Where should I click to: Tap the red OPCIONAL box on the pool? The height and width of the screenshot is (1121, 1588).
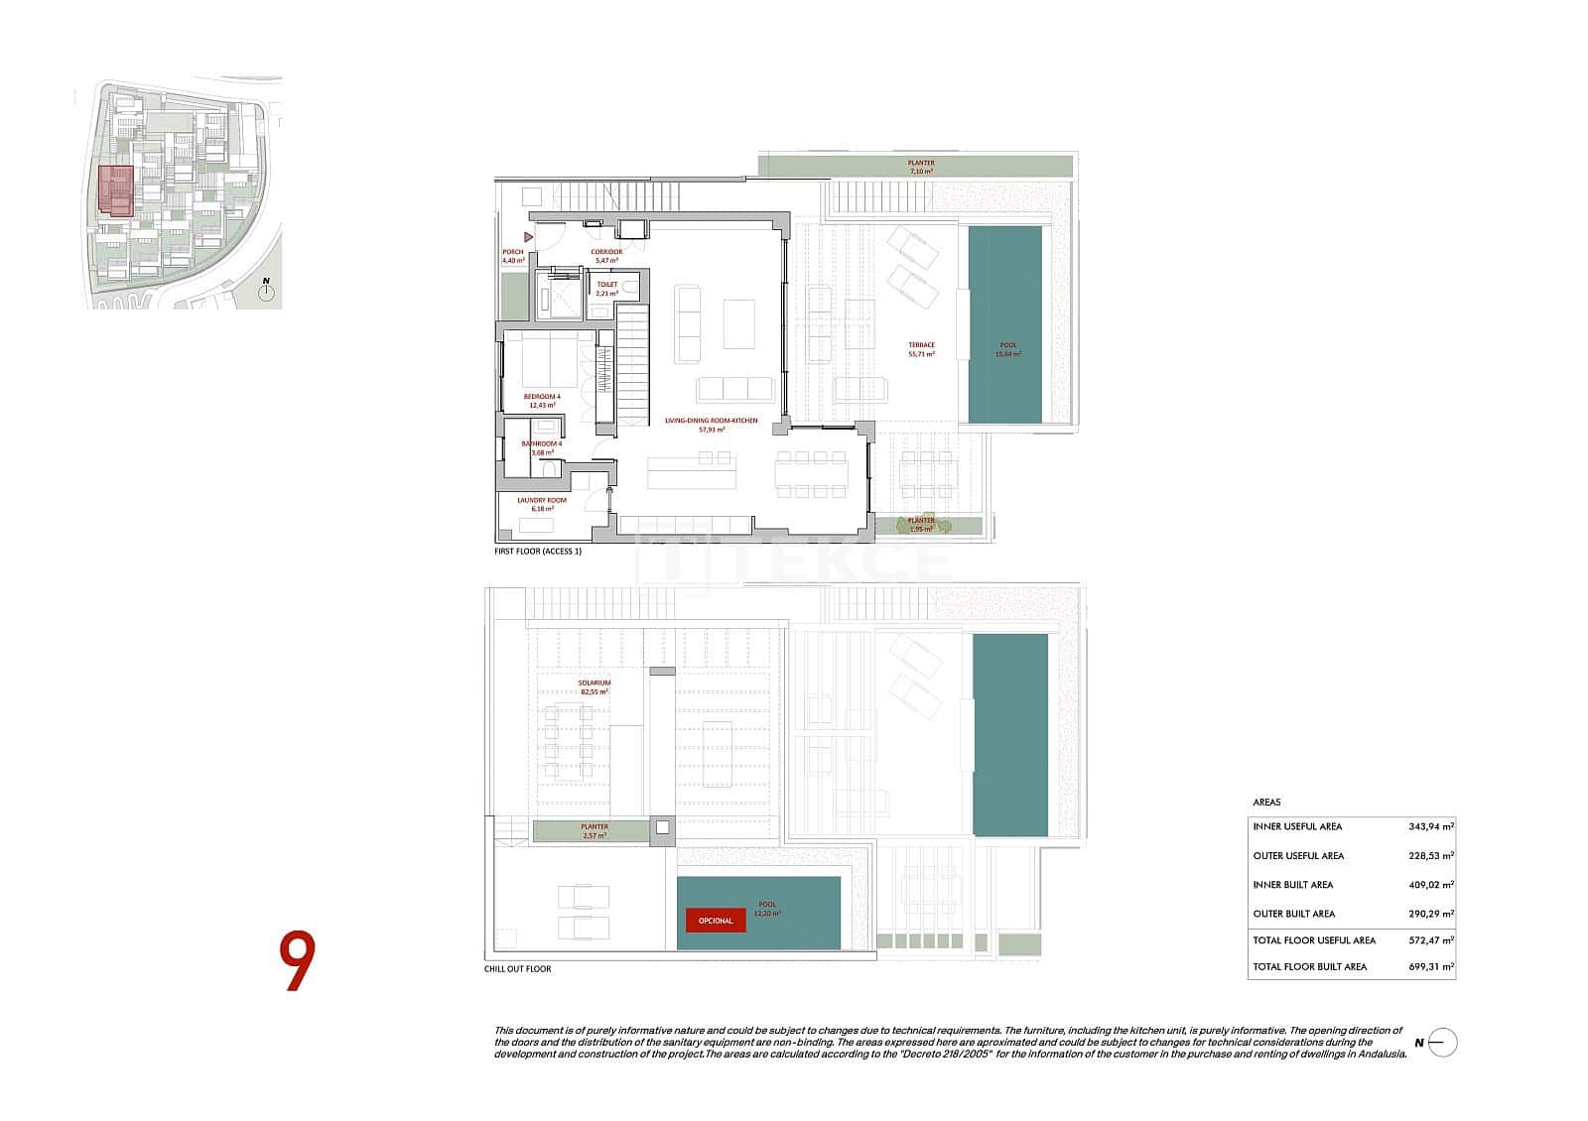[x=716, y=921]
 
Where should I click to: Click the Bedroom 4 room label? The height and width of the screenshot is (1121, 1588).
[x=542, y=397]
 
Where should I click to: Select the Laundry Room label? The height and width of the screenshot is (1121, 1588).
[x=542, y=501]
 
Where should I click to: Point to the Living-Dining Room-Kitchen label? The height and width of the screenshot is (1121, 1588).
[x=711, y=421]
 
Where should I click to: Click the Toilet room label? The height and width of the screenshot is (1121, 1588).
[x=607, y=285]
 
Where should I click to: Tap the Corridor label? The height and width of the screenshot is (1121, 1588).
[x=606, y=252]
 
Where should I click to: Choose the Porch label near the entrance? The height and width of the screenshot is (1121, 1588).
[x=512, y=252]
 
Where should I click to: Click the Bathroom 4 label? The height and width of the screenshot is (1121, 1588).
[x=542, y=443]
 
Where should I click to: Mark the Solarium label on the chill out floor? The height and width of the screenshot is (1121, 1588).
[x=595, y=684]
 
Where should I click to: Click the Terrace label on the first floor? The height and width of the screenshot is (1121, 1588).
[x=921, y=345]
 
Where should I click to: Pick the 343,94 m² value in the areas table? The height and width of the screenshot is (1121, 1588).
[x=1430, y=826]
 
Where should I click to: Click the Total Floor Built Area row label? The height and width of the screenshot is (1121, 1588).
[x=1310, y=966]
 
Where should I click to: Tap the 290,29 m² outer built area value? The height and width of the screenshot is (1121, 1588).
[x=1430, y=914]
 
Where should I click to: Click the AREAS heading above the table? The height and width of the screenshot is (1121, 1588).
[x=1266, y=803]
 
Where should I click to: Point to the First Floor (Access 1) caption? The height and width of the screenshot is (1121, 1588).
[x=538, y=551]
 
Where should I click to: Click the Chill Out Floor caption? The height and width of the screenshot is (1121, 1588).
[x=517, y=969]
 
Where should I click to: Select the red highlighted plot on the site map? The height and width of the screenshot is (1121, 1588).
[x=116, y=190]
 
